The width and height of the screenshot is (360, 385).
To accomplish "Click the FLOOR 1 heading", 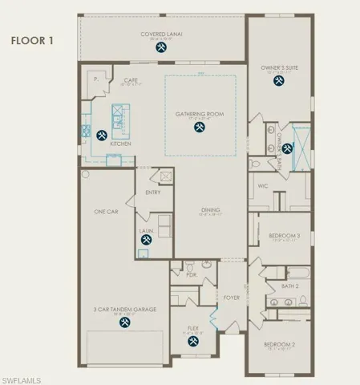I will click(32, 39).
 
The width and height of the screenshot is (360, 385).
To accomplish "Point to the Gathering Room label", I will click(199, 115).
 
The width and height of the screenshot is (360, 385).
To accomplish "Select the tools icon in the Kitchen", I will click(102, 135).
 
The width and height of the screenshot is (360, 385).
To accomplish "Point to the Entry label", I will click(153, 192).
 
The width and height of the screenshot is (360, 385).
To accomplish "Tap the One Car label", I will click(107, 211).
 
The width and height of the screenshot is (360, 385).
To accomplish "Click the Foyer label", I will click(232, 298).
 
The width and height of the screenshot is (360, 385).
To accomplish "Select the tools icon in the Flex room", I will click(192, 341).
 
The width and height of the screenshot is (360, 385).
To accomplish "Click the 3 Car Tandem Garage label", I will click(124, 308).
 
